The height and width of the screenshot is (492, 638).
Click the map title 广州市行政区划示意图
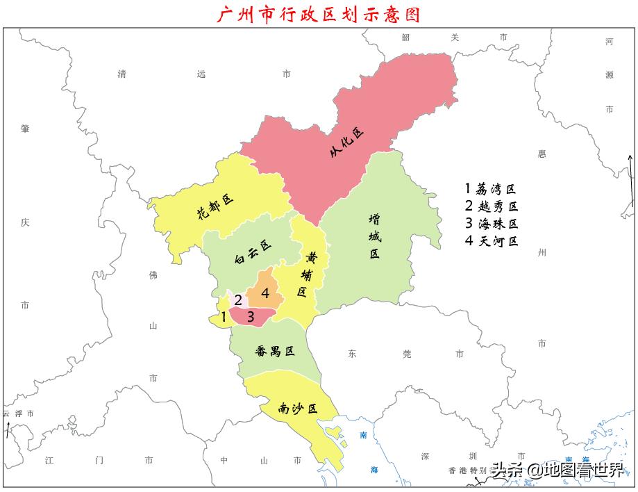click(x=319, y=14)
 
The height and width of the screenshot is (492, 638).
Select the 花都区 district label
click(x=215, y=206)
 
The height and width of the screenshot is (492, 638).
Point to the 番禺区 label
click(x=275, y=351)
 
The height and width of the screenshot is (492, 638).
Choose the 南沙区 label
click(x=297, y=409)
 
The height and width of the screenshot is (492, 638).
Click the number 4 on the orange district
click(x=265, y=293)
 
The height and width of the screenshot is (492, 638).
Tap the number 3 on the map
click(x=251, y=317)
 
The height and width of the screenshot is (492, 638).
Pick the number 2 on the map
click(x=237, y=300)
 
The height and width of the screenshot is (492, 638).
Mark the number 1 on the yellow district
click(x=224, y=317)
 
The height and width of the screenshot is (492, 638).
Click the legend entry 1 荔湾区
click(x=492, y=189)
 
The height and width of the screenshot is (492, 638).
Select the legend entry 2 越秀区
click(x=492, y=206)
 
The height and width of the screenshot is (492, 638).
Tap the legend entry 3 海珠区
click(x=492, y=224)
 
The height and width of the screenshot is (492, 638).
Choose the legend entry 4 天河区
click(x=492, y=241)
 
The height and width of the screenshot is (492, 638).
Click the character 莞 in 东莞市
click(x=406, y=354)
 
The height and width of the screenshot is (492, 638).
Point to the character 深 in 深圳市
click(x=426, y=457)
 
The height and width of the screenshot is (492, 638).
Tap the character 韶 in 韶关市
click(x=406, y=38)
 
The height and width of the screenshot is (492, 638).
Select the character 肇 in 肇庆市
click(x=25, y=129)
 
